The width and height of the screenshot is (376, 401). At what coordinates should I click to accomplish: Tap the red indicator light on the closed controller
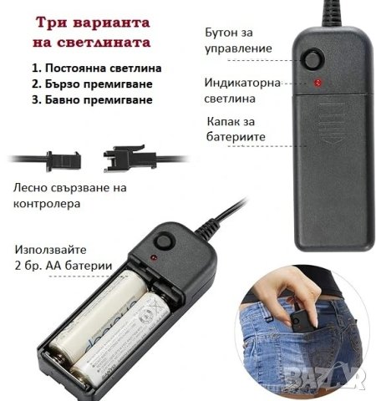tap(318, 84)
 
